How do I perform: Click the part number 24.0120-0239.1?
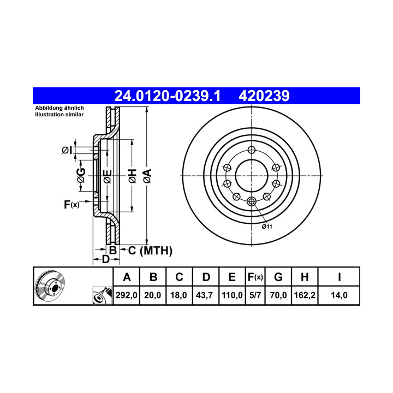(167, 96)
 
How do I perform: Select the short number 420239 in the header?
(264, 96)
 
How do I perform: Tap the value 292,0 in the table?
(126, 295)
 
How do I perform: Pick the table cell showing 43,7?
(204, 295)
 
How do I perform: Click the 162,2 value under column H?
(305, 295)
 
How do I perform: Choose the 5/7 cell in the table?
(255, 295)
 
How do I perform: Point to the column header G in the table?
(278, 277)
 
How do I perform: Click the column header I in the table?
(340, 277)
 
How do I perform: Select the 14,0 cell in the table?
(339, 295)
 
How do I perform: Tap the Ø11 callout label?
(267, 227)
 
